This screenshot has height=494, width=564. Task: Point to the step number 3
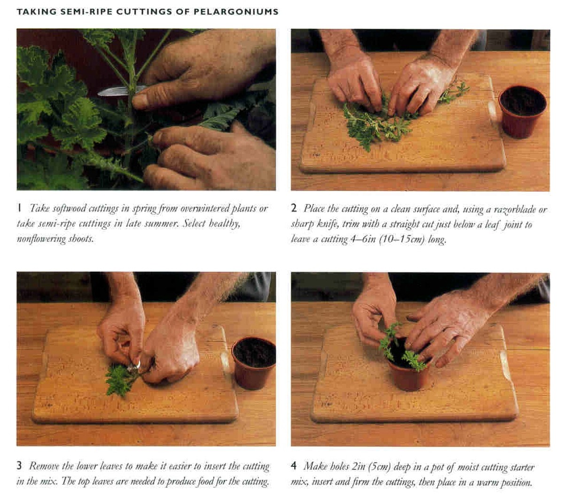(19, 466)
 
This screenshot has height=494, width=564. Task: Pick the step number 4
(294, 466)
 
